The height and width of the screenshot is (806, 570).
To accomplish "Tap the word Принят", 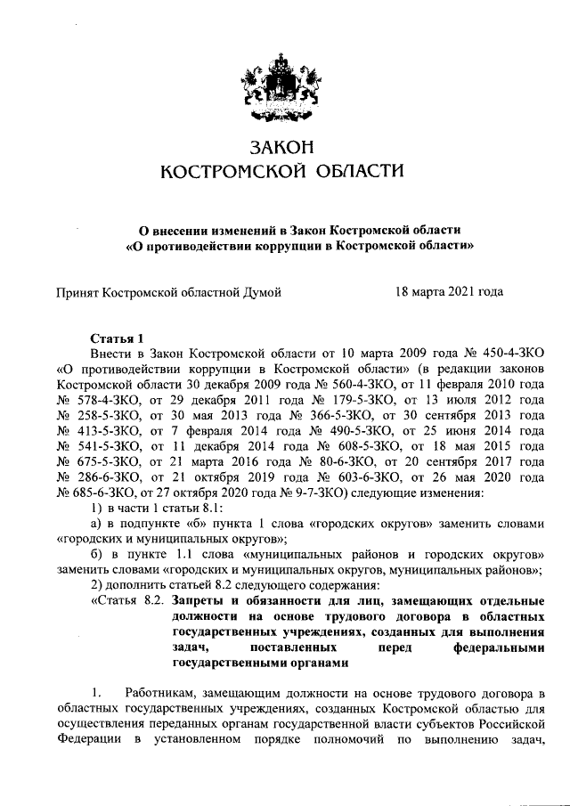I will click(x=77, y=291).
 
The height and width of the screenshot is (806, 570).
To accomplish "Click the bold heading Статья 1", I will click(x=117, y=338).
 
